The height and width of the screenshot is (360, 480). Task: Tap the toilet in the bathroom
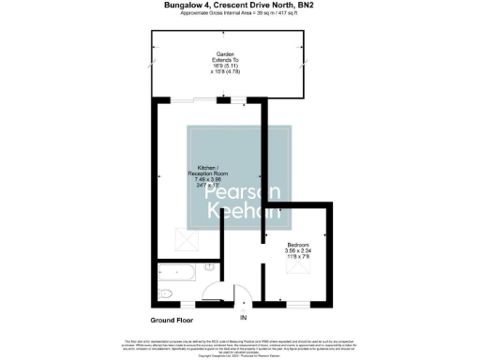pyautogui.click(x=165, y=293)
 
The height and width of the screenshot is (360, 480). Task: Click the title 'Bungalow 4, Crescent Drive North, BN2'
pyautogui.click(x=240, y=5)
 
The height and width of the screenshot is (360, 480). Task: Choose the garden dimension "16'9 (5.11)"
pyautogui.click(x=226, y=67)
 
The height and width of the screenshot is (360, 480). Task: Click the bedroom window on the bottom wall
pyautogui.click(x=295, y=305)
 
